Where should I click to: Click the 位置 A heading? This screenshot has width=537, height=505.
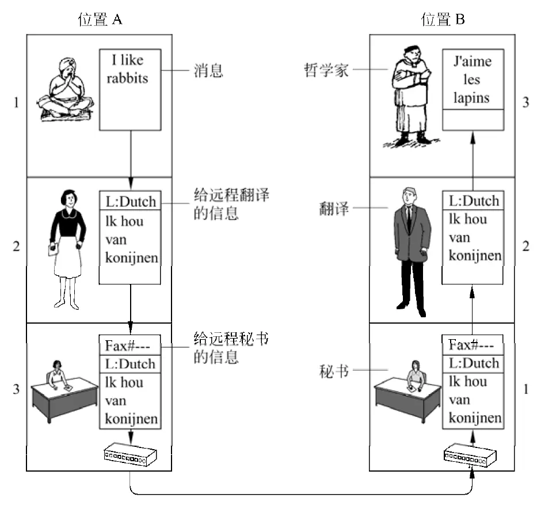click(100, 19)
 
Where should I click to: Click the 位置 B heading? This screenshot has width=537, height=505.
click(443, 19)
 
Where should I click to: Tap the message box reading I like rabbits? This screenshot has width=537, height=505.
click(130, 90)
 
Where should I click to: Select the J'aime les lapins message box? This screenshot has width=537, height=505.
click(473, 90)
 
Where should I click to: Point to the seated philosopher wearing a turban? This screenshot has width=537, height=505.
click(66, 90)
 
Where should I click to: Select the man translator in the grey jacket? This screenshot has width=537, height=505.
click(411, 252)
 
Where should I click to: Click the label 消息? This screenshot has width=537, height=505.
click(208, 71)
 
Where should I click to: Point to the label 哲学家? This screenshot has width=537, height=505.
click(326, 70)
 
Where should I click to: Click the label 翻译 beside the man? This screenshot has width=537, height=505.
click(334, 208)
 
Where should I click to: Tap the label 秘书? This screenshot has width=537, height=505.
click(334, 371)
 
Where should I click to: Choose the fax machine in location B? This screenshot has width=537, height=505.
click(470, 455)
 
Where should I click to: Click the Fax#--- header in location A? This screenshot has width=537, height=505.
click(130, 345)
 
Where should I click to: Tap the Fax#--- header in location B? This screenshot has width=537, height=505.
click(473, 345)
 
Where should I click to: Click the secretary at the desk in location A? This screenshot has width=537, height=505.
click(64, 392)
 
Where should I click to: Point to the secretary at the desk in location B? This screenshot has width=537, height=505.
click(407, 392)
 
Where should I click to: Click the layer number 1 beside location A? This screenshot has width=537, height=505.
click(16, 102)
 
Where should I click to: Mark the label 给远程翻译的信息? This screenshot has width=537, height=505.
click(231, 204)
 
